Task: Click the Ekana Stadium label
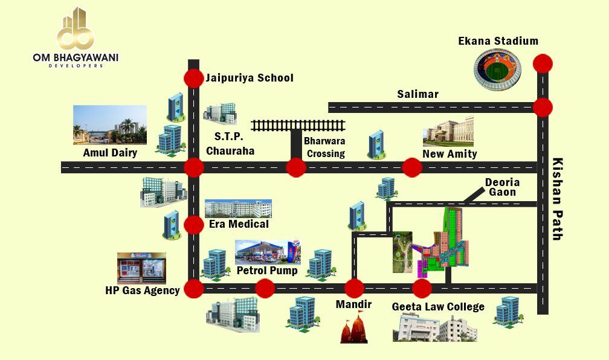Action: pos(498,42)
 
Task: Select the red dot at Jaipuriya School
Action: pos(193,79)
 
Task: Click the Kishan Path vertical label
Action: pos(558,199)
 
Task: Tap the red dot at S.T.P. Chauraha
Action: pos(193,167)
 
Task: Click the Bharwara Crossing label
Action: pos(324,147)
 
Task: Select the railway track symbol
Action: pos(298,125)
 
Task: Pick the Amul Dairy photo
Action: pos(110,125)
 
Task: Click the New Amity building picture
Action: pos(448,132)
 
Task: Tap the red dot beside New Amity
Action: pos(412,167)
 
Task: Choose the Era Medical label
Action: pos(239,224)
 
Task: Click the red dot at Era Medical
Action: pos(193,225)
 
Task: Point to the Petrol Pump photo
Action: pos(267,251)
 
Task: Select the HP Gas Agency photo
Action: pos(141,268)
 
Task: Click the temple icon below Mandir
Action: pos(355,329)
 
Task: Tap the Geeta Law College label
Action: pos(438,307)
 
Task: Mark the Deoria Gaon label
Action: pos(502,187)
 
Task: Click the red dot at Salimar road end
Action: pos(543,108)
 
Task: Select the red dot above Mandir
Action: pos(354,289)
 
